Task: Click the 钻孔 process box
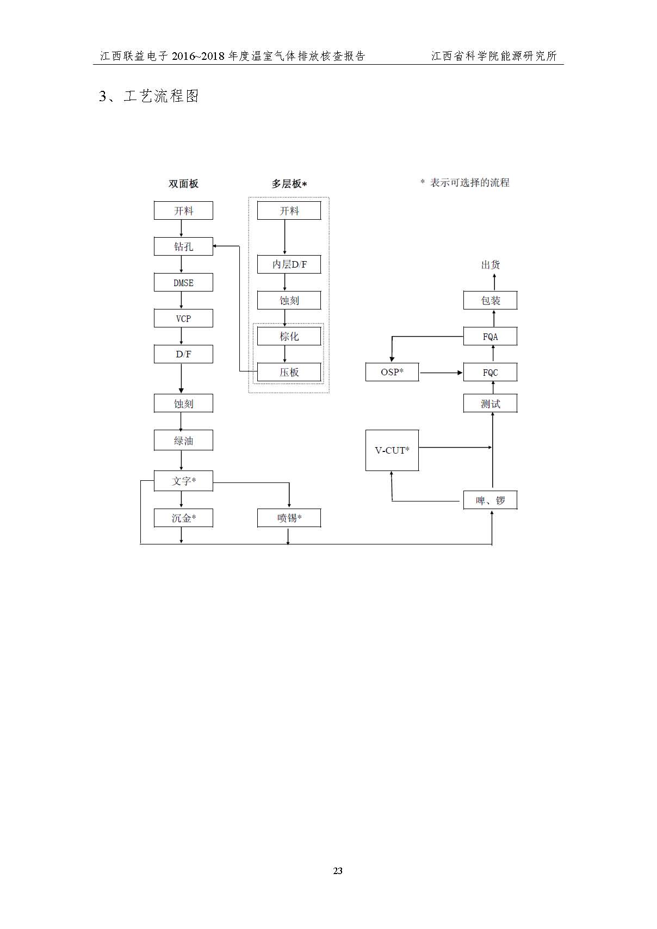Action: (x=183, y=246)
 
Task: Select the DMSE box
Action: (x=183, y=282)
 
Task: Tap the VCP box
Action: (x=183, y=318)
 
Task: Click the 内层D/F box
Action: (x=289, y=264)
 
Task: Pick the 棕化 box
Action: (x=289, y=336)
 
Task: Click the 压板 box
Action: (x=289, y=372)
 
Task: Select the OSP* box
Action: (x=392, y=372)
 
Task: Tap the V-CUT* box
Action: (x=392, y=450)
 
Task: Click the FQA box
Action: (x=490, y=336)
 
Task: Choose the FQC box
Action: (x=490, y=372)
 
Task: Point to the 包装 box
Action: (x=490, y=300)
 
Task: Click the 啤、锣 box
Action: (x=490, y=500)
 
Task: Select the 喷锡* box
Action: (x=289, y=518)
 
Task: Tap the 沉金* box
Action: (x=183, y=518)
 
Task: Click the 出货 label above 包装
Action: (x=490, y=264)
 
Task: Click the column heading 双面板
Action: (x=183, y=183)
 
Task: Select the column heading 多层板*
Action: (x=289, y=183)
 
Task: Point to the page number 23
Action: (x=338, y=871)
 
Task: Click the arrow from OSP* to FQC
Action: (x=441, y=373)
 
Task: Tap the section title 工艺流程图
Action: (x=162, y=96)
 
